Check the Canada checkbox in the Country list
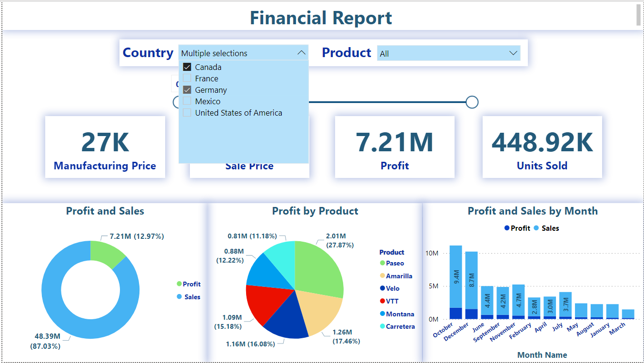click(187, 67)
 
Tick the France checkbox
click(187, 78)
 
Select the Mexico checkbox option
click(187, 101)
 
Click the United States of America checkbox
click(187, 113)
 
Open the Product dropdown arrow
click(513, 53)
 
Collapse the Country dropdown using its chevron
click(301, 53)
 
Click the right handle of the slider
click(472, 102)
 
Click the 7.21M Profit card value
click(395, 142)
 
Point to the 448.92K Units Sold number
click(542, 142)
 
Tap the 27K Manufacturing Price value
click(105, 142)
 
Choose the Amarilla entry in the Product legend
click(399, 276)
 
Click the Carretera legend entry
click(400, 326)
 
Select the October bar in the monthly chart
click(456, 281)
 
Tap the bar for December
click(471, 285)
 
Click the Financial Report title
click(321, 18)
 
